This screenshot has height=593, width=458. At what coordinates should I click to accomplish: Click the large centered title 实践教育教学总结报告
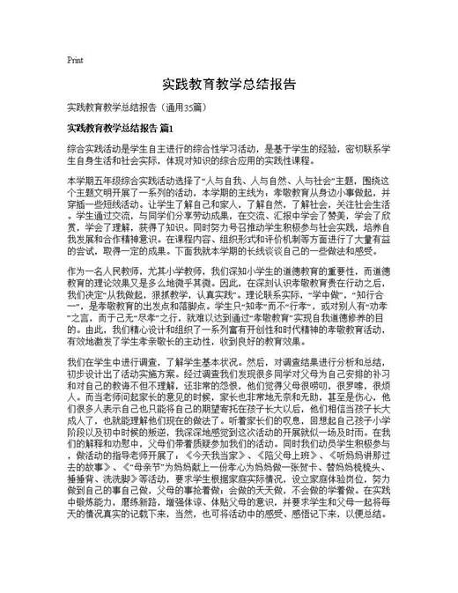coord(228,86)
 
